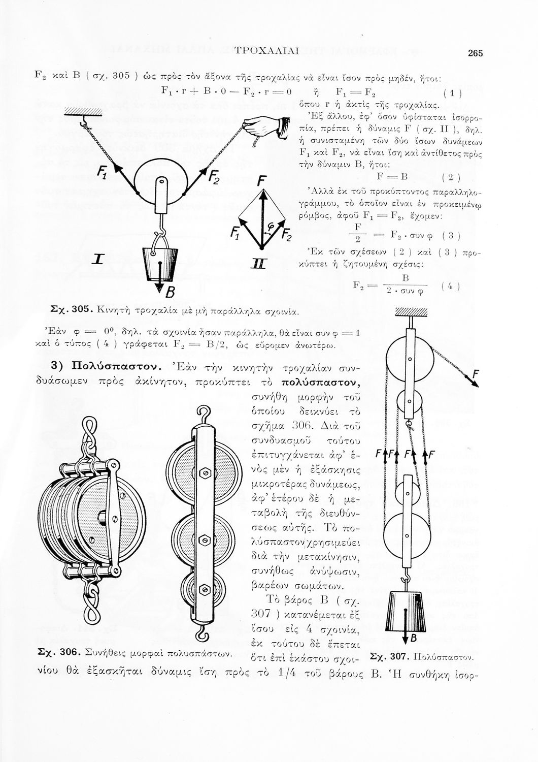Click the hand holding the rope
click(270, 125)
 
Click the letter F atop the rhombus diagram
click(261, 180)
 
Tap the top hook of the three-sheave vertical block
click(204, 412)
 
